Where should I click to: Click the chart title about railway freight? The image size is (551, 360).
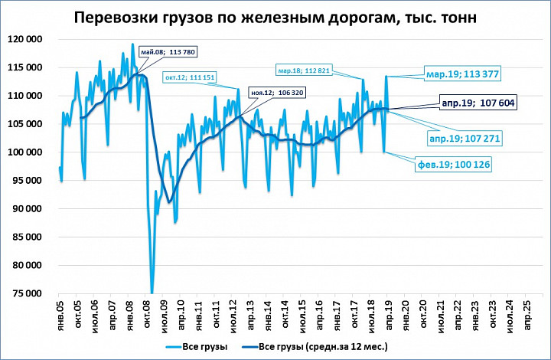tap(275, 18)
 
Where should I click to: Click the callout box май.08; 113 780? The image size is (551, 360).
tap(168, 52)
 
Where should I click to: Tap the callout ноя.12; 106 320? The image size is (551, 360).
tap(277, 93)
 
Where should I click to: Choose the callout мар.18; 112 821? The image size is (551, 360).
tap(304, 70)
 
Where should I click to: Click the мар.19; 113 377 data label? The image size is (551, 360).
tap(462, 74)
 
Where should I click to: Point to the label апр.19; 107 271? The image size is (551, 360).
tap(465, 139)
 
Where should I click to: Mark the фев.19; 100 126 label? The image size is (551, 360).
tap(453, 164)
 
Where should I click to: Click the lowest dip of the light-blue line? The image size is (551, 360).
tap(152, 293)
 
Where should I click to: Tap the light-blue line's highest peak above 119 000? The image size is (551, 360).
tap(132, 44)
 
